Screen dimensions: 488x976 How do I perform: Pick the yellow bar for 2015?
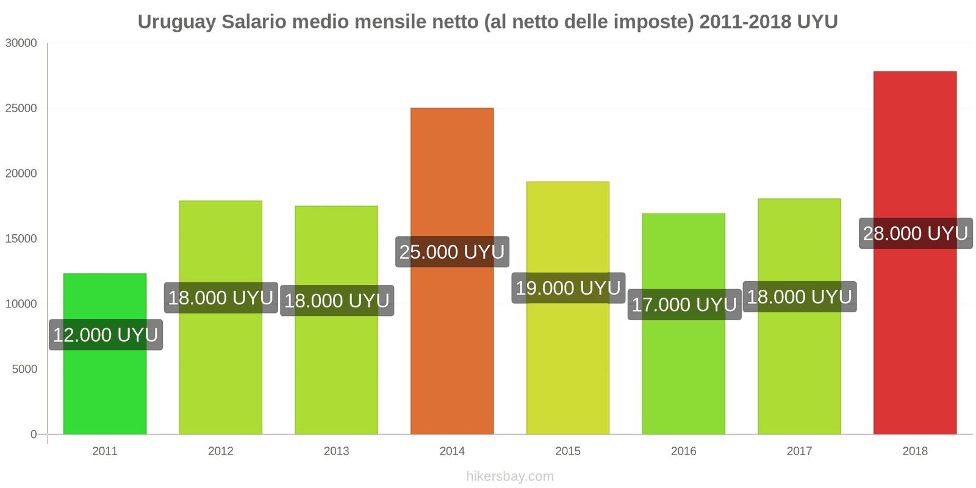click(x=568, y=366)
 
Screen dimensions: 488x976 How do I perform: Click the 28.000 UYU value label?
click(x=916, y=234)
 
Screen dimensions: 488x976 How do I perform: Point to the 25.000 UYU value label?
click(x=452, y=252)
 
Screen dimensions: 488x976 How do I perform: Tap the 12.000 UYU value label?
click(x=106, y=335)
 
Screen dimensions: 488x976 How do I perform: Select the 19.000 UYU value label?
click(x=568, y=288)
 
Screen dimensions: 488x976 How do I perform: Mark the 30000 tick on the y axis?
click(x=21, y=43)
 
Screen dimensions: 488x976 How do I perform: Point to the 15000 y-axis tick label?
click(x=21, y=239)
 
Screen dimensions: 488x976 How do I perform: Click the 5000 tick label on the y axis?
click(x=24, y=369)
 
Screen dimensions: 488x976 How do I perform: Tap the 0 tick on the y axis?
click(x=34, y=434)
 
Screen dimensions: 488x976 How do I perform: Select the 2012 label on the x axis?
click(x=221, y=451)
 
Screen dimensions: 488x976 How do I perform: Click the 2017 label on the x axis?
click(x=799, y=451)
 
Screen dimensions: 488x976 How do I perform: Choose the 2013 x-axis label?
click(x=336, y=451)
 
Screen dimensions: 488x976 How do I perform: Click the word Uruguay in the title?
click(x=176, y=22)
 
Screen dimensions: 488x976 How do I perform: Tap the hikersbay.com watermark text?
click(x=510, y=476)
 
